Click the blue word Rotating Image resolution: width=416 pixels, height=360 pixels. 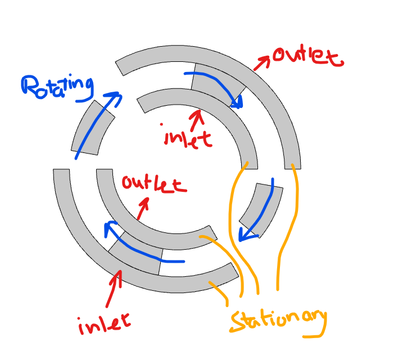[x=56, y=87]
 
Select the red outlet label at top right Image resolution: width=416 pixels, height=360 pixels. [x=306, y=57]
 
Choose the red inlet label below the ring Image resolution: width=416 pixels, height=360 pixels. [x=104, y=323]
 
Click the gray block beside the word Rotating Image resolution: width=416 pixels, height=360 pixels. [x=93, y=128]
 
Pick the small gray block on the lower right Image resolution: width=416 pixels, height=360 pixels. [x=260, y=207]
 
